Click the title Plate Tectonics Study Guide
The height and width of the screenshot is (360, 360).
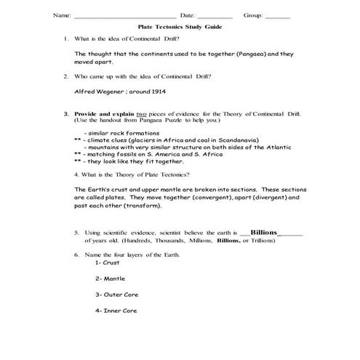(x=180, y=26)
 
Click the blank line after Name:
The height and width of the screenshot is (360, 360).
(x=124, y=15)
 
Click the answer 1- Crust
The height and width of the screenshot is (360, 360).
(x=107, y=263)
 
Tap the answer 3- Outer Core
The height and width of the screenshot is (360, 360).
(x=116, y=295)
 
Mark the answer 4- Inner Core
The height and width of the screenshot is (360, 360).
(x=116, y=311)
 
